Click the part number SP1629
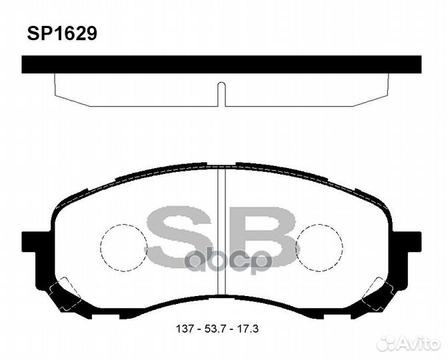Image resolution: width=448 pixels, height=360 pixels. (x=61, y=34)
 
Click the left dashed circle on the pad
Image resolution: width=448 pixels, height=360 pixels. (x=123, y=247)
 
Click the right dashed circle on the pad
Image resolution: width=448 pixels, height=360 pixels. (x=319, y=247)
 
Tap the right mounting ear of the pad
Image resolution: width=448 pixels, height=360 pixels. (x=409, y=241)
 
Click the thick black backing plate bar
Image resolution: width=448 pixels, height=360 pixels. (x=221, y=64)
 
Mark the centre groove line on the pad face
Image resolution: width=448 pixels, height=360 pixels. (x=222, y=233)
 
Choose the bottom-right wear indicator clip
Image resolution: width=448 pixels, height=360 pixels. (x=377, y=293)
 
